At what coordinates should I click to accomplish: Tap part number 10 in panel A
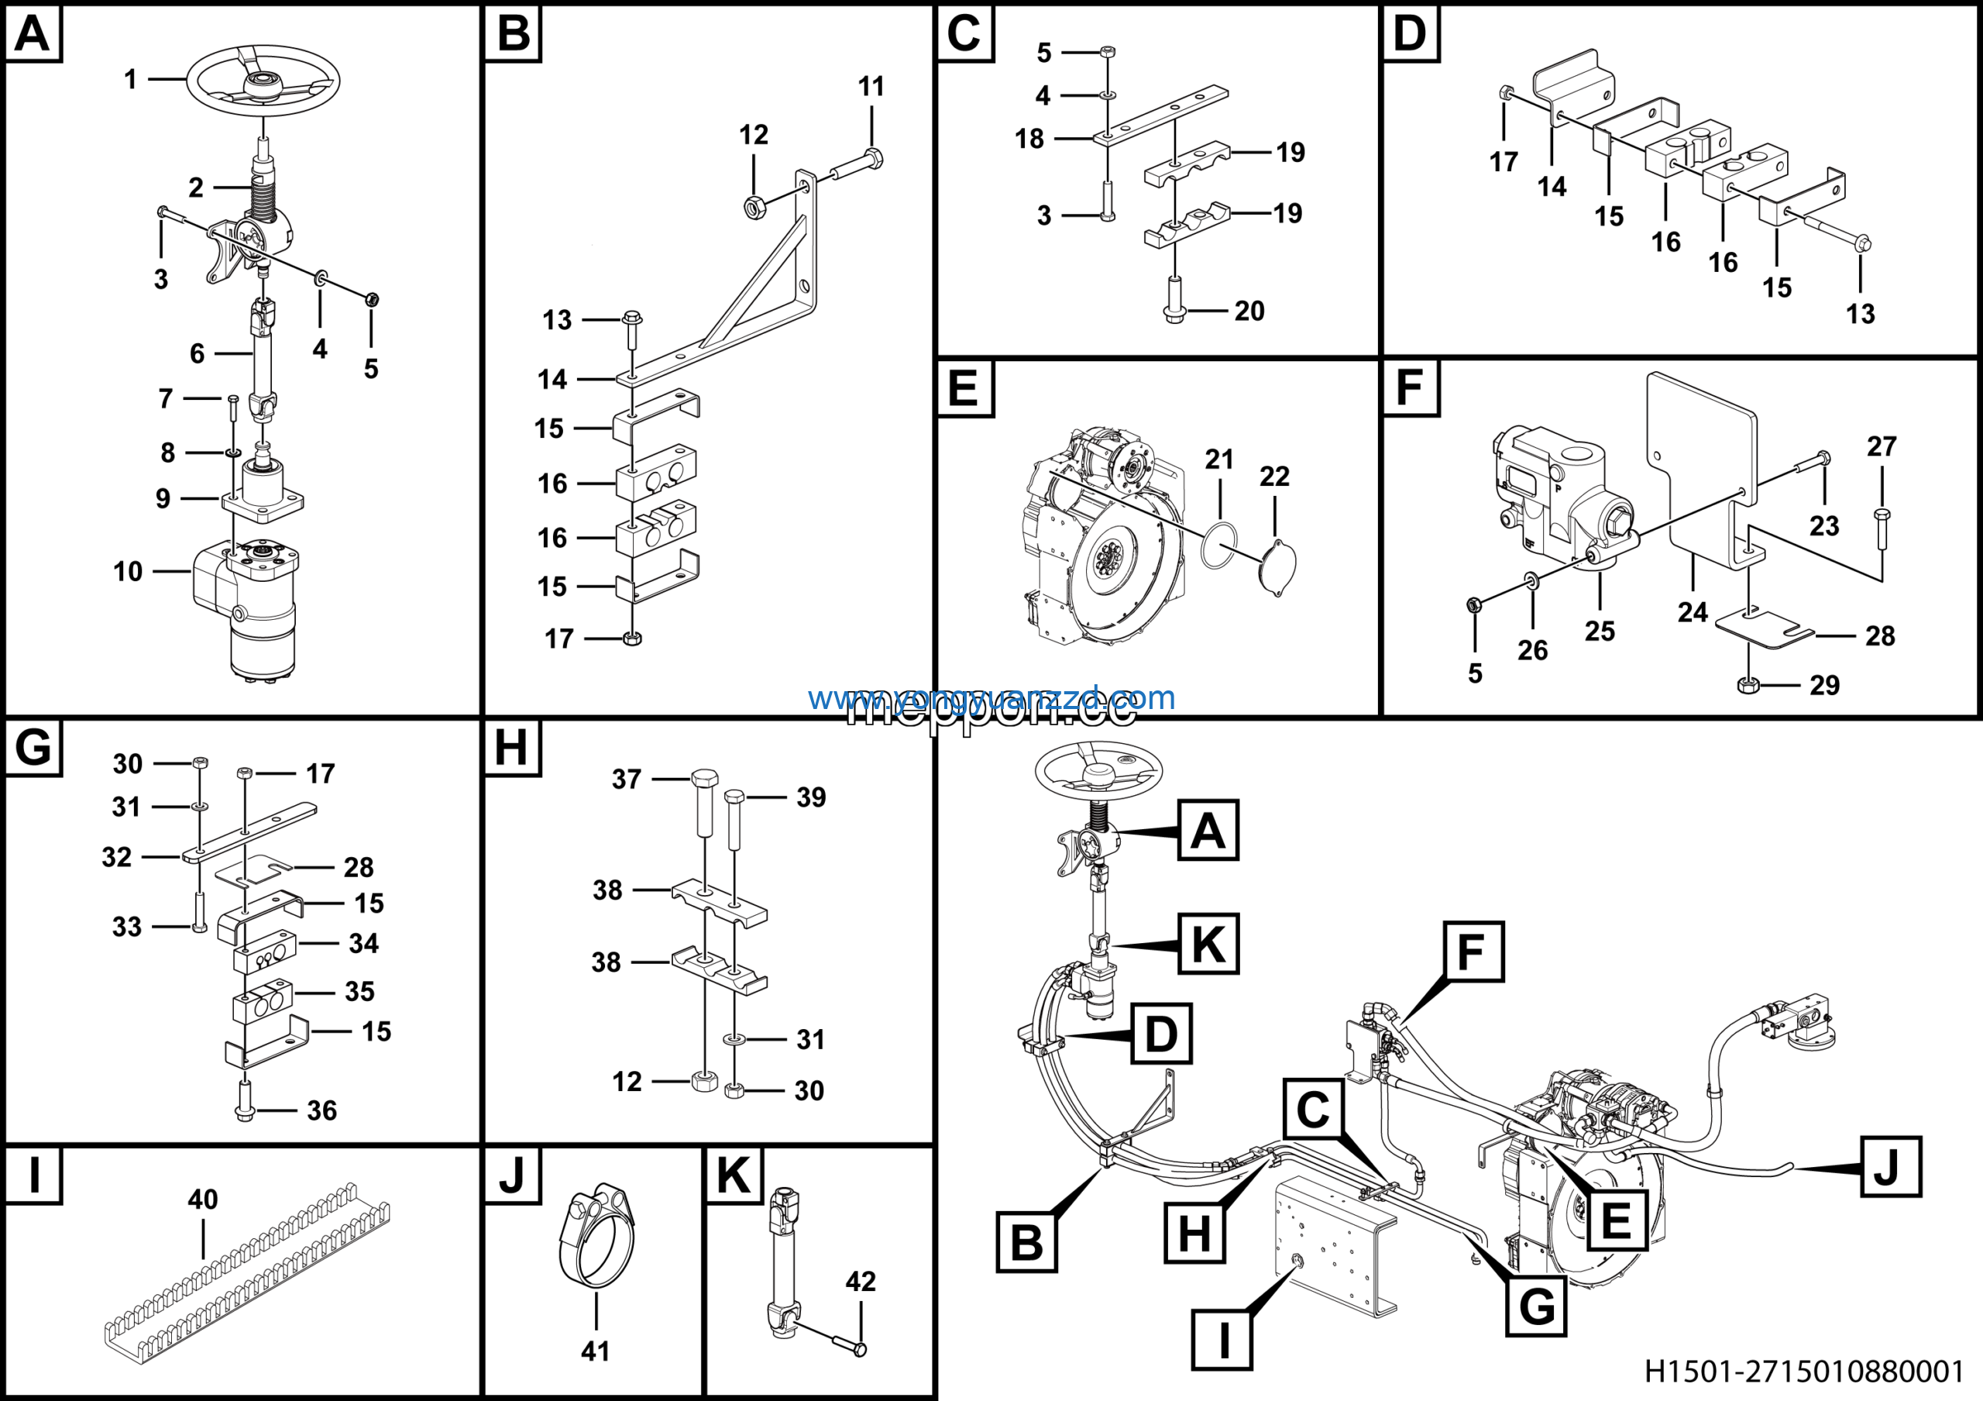point(128,571)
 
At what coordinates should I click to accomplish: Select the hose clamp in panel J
point(596,1240)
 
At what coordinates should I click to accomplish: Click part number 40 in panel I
point(203,1199)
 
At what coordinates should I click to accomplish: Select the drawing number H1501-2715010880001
point(1803,1371)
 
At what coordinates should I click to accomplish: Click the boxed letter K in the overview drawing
point(1208,944)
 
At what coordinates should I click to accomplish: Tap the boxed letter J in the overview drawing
point(1891,1167)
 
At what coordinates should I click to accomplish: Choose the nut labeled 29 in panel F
point(1748,686)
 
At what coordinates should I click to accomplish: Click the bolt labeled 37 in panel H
point(704,804)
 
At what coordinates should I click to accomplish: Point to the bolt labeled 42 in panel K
point(847,1343)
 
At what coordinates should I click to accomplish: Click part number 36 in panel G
point(321,1110)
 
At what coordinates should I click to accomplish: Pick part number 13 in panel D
point(1861,314)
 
